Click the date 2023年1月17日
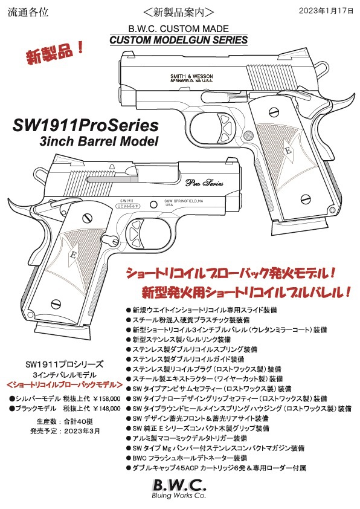[x=326, y=11]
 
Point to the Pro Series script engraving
[x=204, y=183]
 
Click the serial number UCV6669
[x=128, y=206]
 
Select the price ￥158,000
[x=107, y=398]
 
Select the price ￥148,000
[x=107, y=409]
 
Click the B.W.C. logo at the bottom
[x=179, y=485]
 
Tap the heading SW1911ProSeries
[x=86, y=126]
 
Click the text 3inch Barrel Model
[x=99, y=141]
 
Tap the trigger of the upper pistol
[x=227, y=126]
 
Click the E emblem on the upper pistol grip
[x=287, y=151]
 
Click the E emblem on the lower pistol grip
[x=73, y=255]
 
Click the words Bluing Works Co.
[x=179, y=496]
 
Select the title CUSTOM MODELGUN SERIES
[x=178, y=41]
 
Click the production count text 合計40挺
[x=79, y=422]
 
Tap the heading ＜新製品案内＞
[x=179, y=12]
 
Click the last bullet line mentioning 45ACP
[x=216, y=468]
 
